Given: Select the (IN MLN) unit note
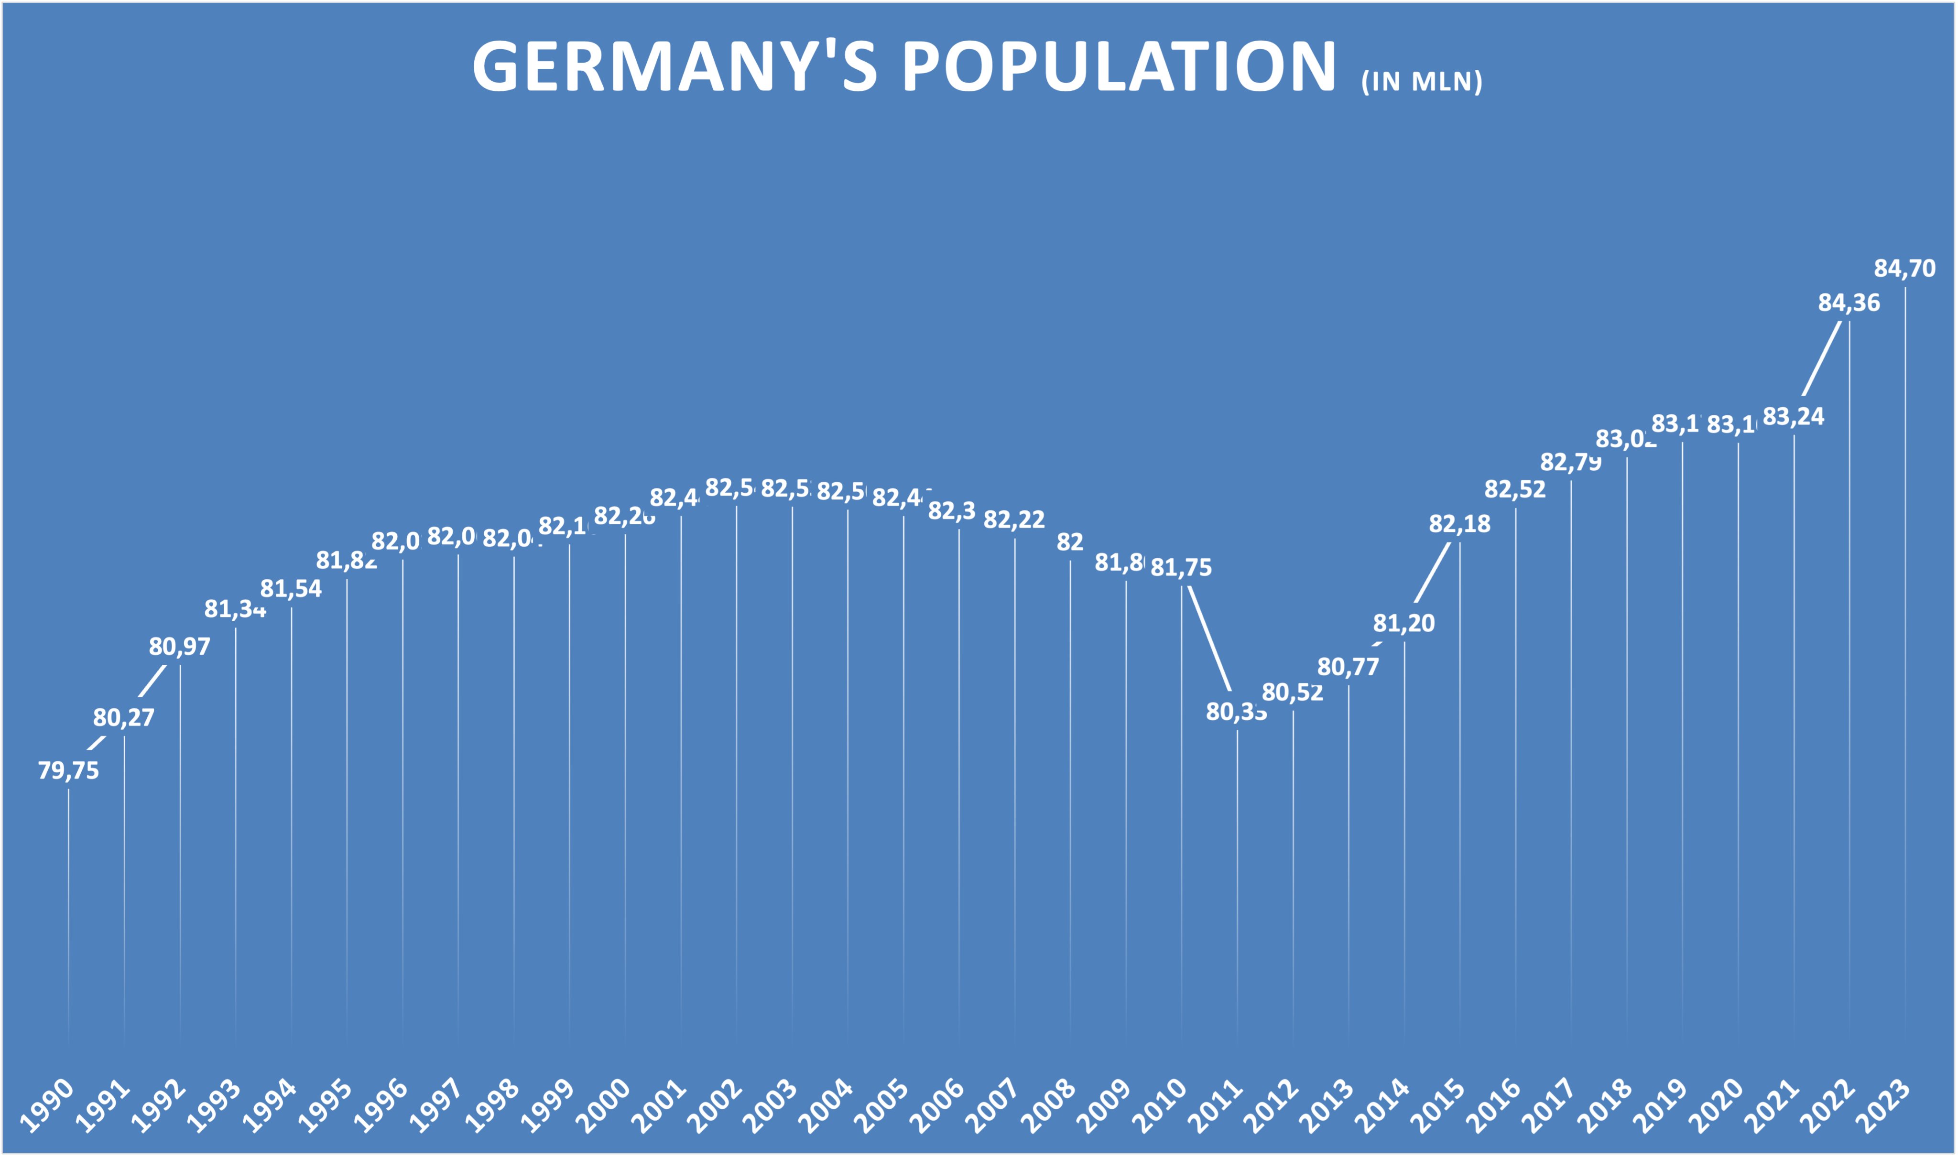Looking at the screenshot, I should pos(1422,82).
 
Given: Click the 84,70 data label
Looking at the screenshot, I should pos(1904,268).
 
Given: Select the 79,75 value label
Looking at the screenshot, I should pos(69,770).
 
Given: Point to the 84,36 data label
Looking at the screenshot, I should pos(1849,303).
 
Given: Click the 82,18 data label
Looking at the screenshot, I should pos(1459,524).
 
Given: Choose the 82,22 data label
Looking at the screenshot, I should pos(1014,519).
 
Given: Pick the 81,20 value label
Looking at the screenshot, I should pos(1403,623).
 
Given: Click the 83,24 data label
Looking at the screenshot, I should pos(1794,416).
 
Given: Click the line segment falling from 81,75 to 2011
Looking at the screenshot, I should pos(1209,639).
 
